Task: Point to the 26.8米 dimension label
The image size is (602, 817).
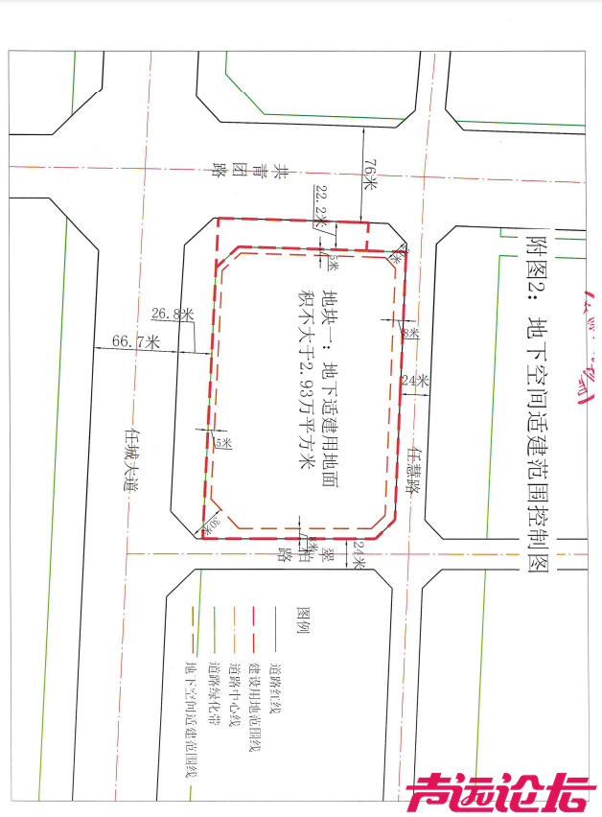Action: (x=173, y=314)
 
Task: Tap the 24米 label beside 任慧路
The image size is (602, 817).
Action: (x=415, y=380)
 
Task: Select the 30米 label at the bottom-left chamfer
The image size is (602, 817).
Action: (x=213, y=524)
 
